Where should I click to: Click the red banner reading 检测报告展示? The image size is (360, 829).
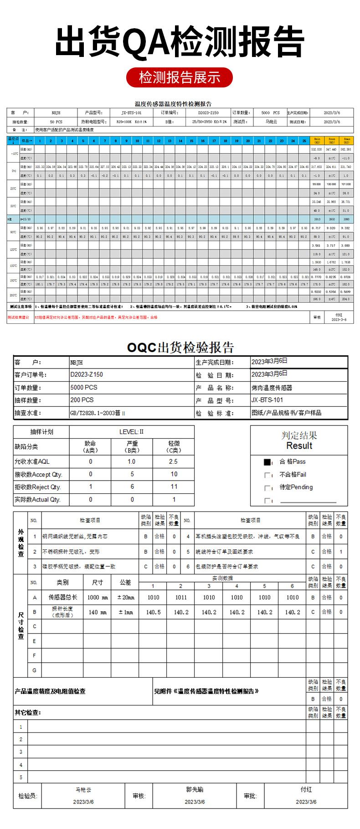coord(180,77)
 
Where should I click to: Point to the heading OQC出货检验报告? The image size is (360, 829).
coord(180,348)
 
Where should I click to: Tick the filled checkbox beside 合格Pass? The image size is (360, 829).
coord(267,462)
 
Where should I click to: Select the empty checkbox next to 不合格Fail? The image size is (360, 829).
coord(267,475)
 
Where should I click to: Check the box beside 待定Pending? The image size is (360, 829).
coord(267,488)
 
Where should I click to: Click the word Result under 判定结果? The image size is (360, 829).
coord(299,446)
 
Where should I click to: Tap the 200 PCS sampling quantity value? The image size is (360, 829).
coord(82,400)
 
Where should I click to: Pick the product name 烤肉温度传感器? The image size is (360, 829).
coord(272,388)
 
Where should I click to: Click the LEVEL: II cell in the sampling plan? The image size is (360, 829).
coord(131,432)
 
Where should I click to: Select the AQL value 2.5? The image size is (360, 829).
coord(173,461)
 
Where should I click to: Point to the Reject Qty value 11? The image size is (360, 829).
coord(174,486)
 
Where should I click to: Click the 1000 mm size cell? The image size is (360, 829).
coord(98,597)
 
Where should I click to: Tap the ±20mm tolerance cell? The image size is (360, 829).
coord(125,597)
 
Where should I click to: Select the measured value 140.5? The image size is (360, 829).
coord(153,612)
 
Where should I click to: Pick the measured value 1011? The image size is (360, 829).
coord(181,597)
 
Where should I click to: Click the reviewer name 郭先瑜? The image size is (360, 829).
coord(195,789)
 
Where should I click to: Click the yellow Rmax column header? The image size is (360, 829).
coord(346,141)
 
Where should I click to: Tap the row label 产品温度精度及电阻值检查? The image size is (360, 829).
coord(50,691)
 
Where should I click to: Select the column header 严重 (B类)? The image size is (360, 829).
coord(132,446)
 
